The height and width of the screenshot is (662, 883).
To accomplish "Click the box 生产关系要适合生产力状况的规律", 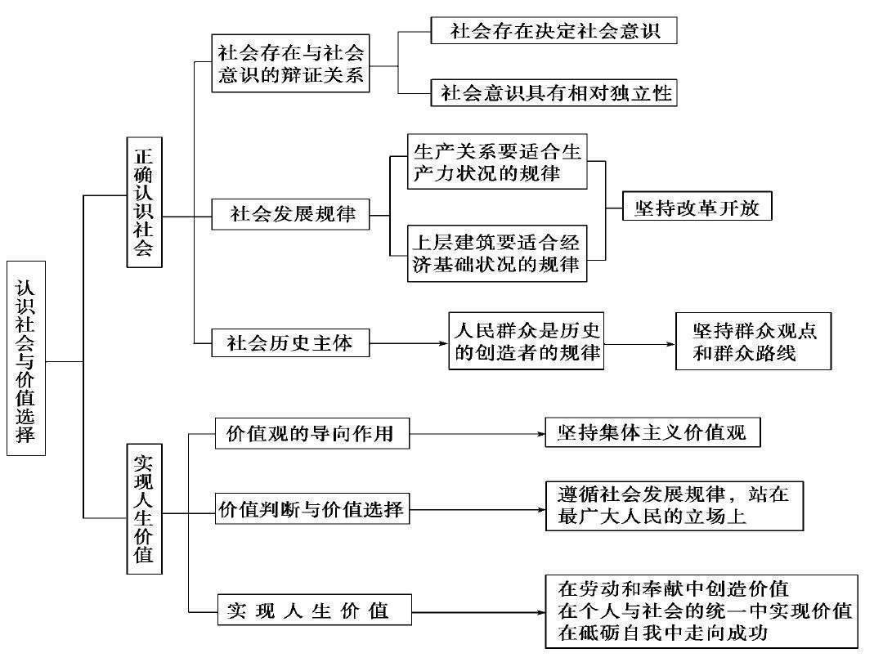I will point(497,163).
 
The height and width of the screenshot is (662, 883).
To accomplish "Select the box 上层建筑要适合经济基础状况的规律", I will point(497,253).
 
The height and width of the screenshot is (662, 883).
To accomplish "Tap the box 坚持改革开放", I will point(697,207).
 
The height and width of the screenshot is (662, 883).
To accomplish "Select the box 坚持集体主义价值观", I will point(652,432).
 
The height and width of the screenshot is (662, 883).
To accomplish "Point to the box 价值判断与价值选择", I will point(311,510).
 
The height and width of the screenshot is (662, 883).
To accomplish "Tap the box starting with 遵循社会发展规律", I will point(674,505).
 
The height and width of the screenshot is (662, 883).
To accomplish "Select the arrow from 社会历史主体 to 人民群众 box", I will point(409,342).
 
